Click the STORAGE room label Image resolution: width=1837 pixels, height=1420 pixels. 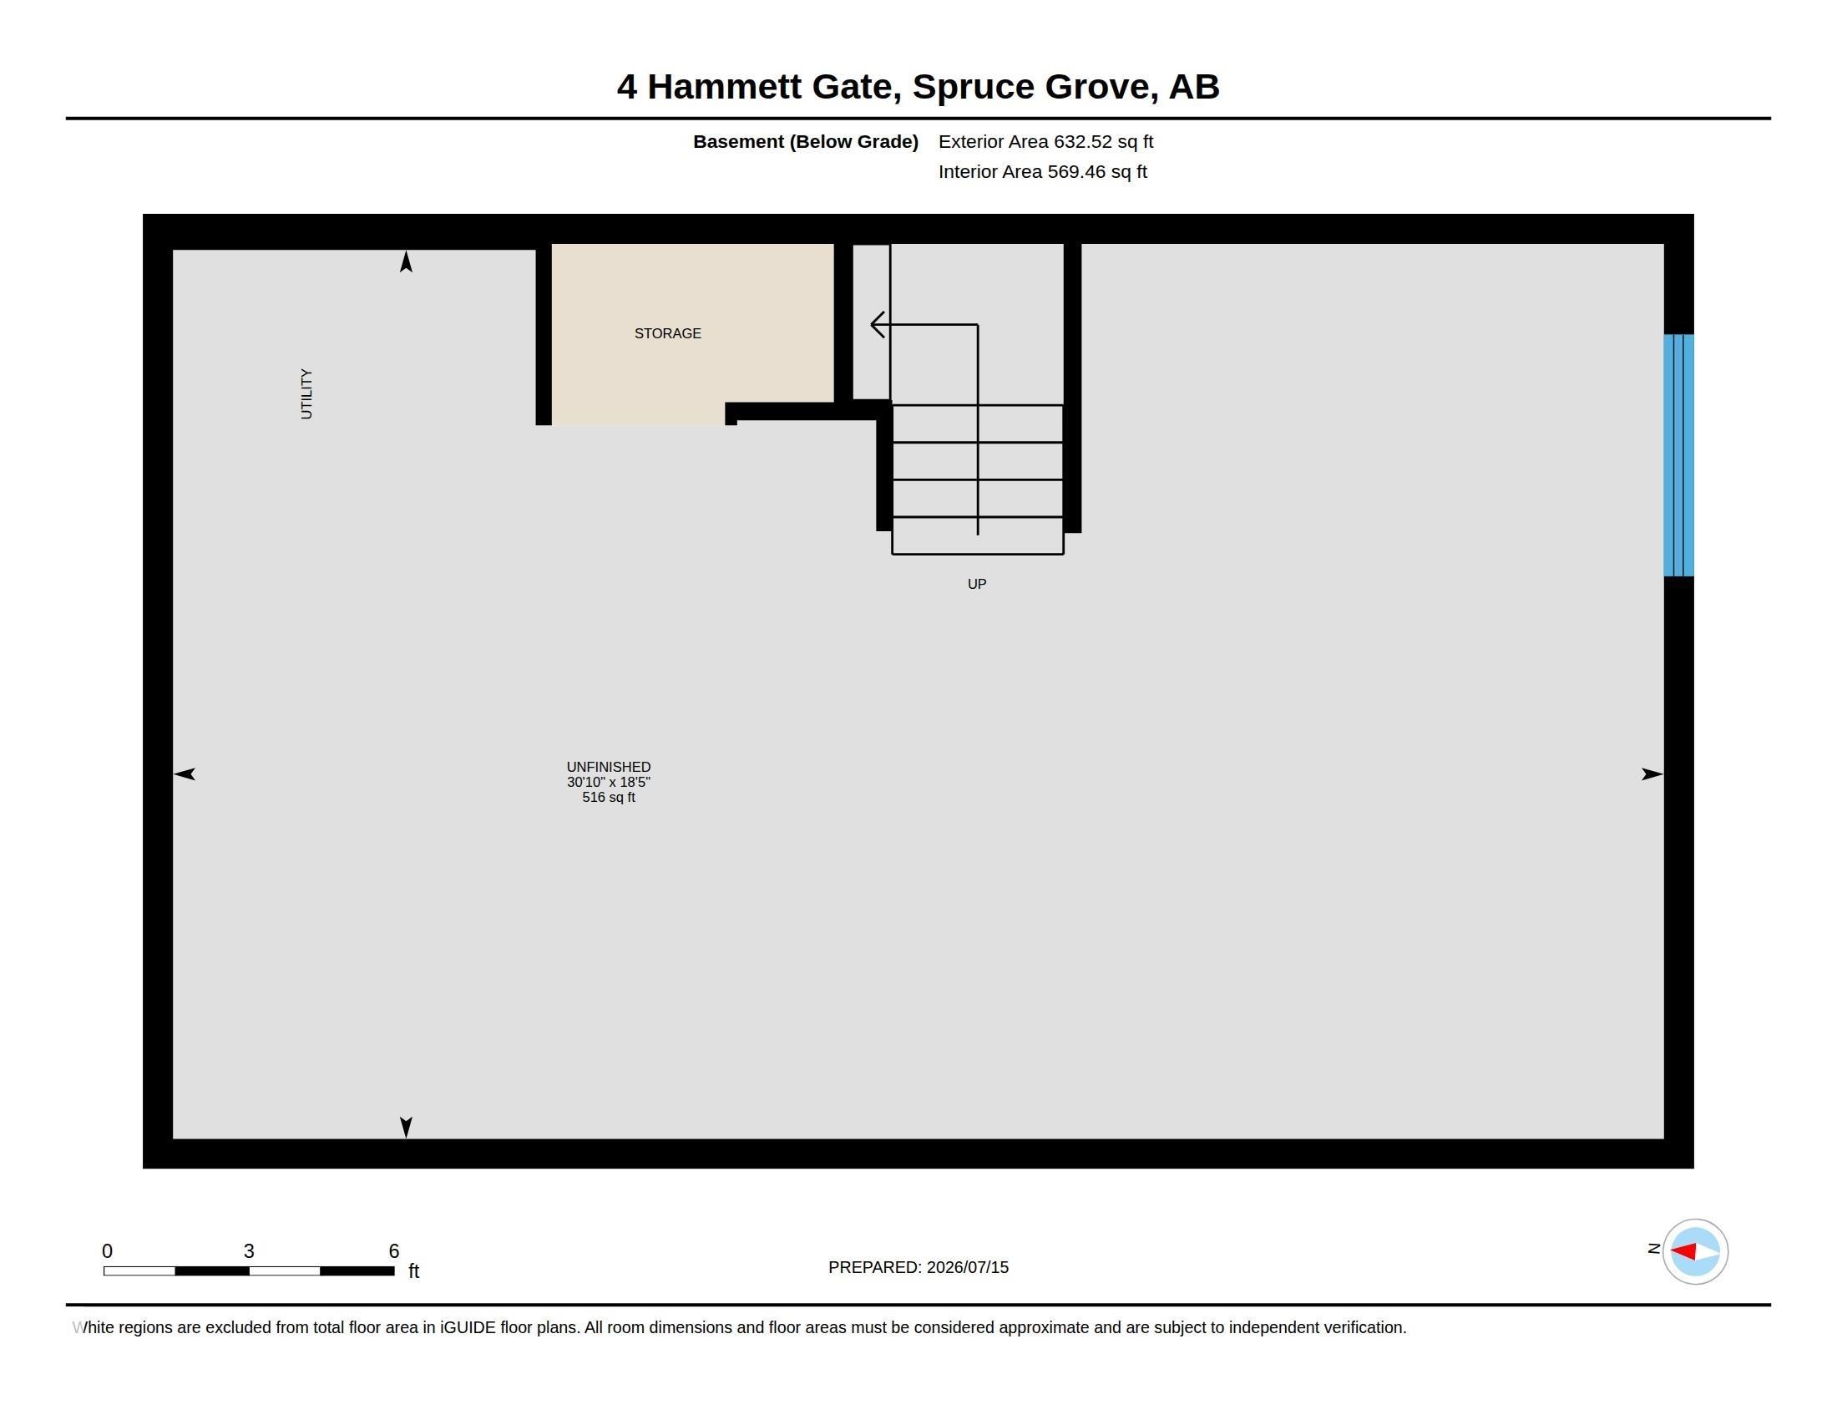[x=667, y=334]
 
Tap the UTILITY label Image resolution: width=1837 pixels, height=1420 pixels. [x=306, y=393]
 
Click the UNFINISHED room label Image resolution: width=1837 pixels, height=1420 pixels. [x=608, y=767]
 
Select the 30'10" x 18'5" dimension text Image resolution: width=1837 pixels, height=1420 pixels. [x=608, y=783]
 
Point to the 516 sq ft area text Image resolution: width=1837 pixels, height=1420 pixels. [x=608, y=798]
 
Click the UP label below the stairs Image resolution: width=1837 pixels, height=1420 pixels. [x=977, y=584]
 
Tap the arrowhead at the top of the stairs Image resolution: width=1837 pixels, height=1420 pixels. [x=878, y=325]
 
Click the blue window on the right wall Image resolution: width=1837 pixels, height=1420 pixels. [x=1678, y=455]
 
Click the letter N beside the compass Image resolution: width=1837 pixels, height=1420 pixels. [x=1653, y=1250]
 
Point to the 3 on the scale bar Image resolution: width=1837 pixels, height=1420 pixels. [x=249, y=1251]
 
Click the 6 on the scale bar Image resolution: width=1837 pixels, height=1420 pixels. [x=393, y=1251]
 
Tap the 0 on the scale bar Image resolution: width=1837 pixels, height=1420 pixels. [x=107, y=1251]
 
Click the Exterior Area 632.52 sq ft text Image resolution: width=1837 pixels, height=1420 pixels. [x=1045, y=142]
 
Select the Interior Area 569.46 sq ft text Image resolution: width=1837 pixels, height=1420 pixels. [x=1042, y=172]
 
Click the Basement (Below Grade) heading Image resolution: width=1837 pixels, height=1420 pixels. [x=805, y=142]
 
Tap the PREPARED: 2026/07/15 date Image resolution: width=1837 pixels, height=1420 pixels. [x=918, y=1268]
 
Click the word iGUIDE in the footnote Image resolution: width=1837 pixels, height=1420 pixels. [x=468, y=1328]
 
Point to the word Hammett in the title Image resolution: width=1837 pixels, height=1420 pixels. [x=724, y=87]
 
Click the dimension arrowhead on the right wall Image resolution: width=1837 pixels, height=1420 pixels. [x=1652, y=774]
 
